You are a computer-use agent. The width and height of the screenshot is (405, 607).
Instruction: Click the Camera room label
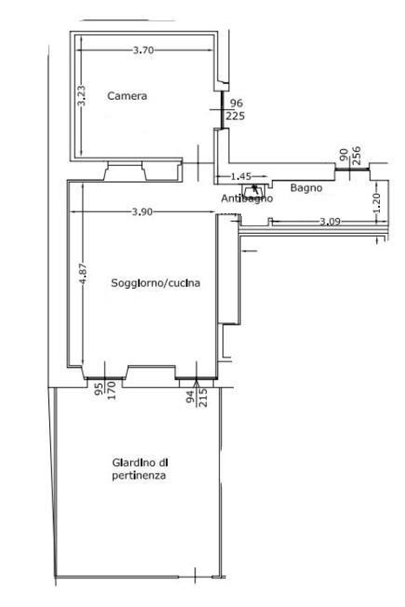pyautogui.click(x=127, y=96)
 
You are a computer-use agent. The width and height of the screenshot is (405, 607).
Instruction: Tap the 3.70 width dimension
pyautogui.click(x=143, y=50)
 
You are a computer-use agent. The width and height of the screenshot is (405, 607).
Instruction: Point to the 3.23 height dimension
pyautogui.click(x=81, y=96)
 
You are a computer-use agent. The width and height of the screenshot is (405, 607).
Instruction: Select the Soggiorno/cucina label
pyautogui.click(x=155, y=283)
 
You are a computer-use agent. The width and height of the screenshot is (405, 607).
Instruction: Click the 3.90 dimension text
pyautogui.click(x=142, y=211)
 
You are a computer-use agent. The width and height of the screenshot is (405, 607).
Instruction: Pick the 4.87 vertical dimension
pyautogui.click(x=84, y=274)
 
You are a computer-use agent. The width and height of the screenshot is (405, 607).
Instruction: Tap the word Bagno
pyautogui.click(x=306, y=188)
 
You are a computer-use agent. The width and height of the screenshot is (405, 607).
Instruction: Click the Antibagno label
pyautogui.click(x=247, y=198)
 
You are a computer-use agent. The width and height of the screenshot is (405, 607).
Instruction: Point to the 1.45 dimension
pyautogui.click(x=241, y=177)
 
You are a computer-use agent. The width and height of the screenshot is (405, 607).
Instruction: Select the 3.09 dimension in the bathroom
pyautogui.click(x=330, y=222)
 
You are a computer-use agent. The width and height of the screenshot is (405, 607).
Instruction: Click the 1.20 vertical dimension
pyautogui.click(x=376, y=202)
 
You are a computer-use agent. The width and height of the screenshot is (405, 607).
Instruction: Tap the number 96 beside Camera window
pyautogui.click(x=236, y=103)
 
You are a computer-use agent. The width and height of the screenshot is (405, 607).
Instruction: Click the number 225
pyautogui.click(x=235, y=115)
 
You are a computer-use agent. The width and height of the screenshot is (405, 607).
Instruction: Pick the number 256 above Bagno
pyautogui.click(x=357, y=155)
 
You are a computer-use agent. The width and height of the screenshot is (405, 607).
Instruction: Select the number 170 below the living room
pyautogui.click(x=111, y=390)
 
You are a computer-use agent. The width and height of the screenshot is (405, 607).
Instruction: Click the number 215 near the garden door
pyautogui.click(x=203, y=398)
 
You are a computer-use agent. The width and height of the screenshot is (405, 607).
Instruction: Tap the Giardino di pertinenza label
pyautogui.click(x=140, y=469)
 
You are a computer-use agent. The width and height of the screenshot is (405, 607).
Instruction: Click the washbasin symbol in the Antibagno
pyautogui.click(x=254, y=191)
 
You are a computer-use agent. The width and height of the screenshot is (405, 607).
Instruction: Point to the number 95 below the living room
pyautogui.click(x=99, y=388)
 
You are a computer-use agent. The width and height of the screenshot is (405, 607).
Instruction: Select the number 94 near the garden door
pyautogui.click(x=191, y=397)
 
